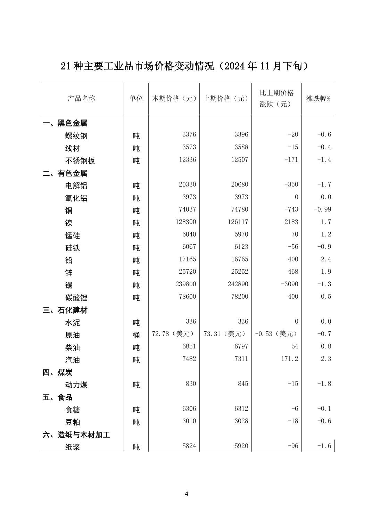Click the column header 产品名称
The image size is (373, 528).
coord(81,98)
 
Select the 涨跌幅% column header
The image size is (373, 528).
coord(318,98)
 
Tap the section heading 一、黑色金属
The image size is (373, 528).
coord(65,123)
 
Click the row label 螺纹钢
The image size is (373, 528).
coord(76,136)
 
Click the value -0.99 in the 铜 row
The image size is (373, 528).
coord(323,209)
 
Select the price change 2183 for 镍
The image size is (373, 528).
coord(291,222)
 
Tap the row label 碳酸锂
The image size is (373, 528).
coord(76,298)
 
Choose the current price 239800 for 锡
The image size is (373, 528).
coord(185,284)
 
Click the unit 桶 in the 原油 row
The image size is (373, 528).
coord(136,335)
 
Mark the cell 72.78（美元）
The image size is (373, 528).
coord(173,334)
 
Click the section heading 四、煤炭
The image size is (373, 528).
coord(58,373)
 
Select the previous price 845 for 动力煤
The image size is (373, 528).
coord(243,384)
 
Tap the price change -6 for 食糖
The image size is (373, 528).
coord(295,409)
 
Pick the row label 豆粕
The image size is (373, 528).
coord(73,422)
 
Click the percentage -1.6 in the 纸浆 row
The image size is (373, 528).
coord(324,446)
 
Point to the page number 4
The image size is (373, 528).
coord(186,494)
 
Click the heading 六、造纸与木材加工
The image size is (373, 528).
coord(76,435)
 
